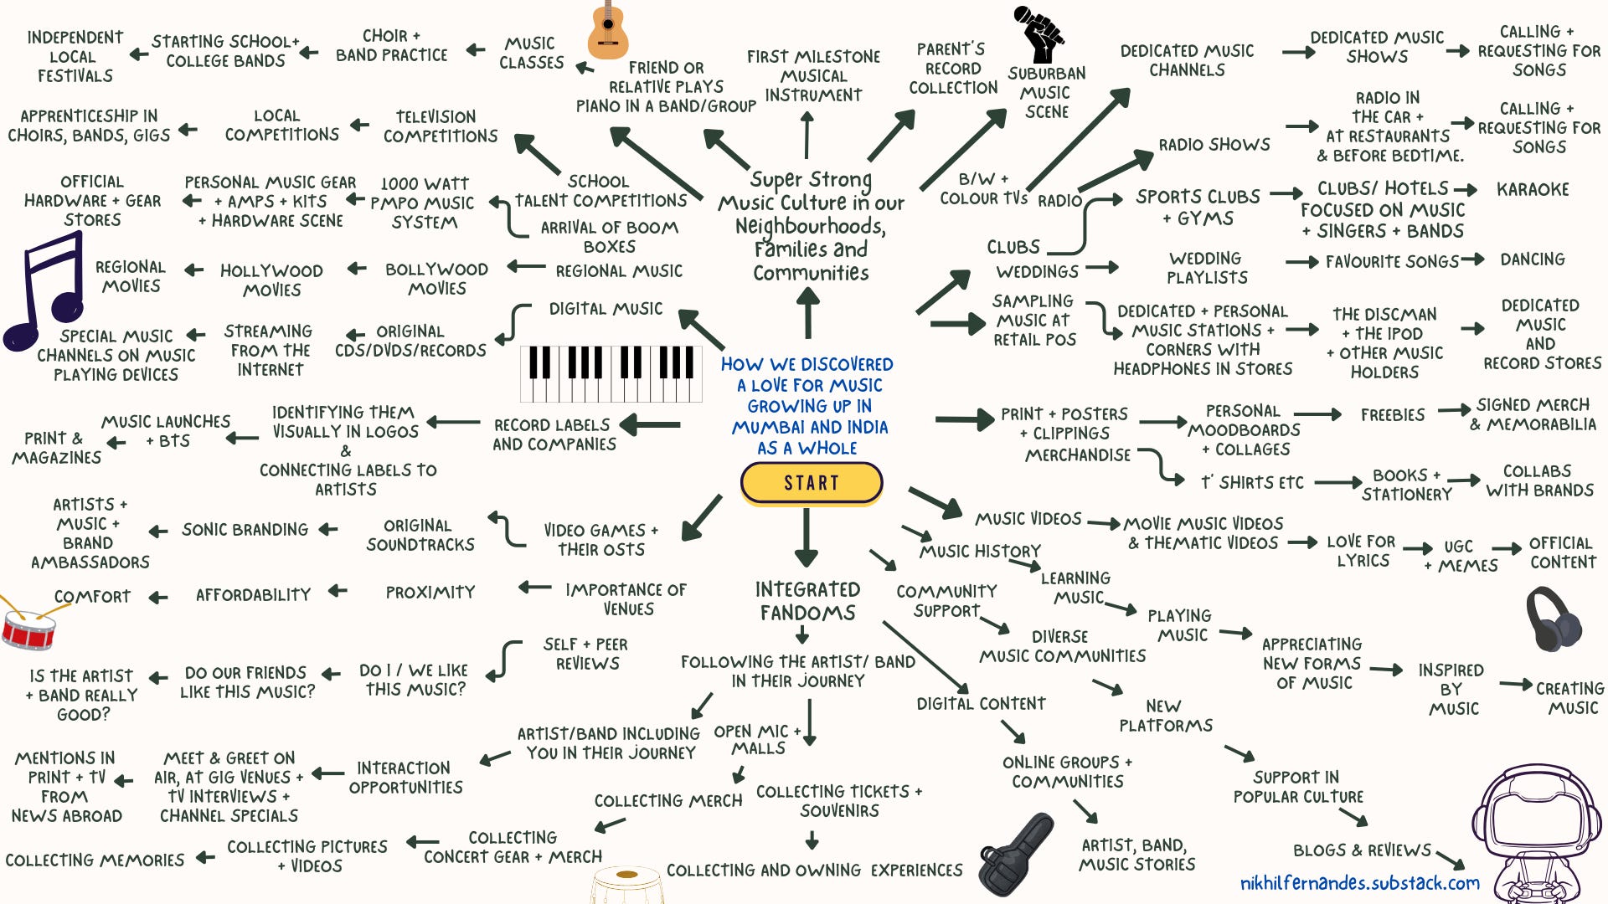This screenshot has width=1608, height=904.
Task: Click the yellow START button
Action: [x=811, y=483]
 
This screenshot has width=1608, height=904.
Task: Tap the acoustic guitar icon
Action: [x=607, y=31]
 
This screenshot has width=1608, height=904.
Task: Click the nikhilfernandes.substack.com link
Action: [x=1359, y=883]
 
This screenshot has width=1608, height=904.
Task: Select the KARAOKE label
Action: [x=1533, y=190]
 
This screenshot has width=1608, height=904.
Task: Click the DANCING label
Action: [x=1533, y=259]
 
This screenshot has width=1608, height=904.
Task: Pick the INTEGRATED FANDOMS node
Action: [x=807, y=601]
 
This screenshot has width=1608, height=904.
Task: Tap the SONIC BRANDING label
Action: [x=245, y=530]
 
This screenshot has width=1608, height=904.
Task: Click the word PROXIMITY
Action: [x=430, y=593]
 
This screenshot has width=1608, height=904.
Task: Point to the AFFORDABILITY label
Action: [x=253, y=595]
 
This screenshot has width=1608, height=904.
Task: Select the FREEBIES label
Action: [x=1392, y=415]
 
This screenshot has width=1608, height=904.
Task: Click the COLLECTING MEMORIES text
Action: [x=95, y=860]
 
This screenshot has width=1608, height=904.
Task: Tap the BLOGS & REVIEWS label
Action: [x=1362, y=850]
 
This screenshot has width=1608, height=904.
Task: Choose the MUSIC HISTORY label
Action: [x=980, y=552]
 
